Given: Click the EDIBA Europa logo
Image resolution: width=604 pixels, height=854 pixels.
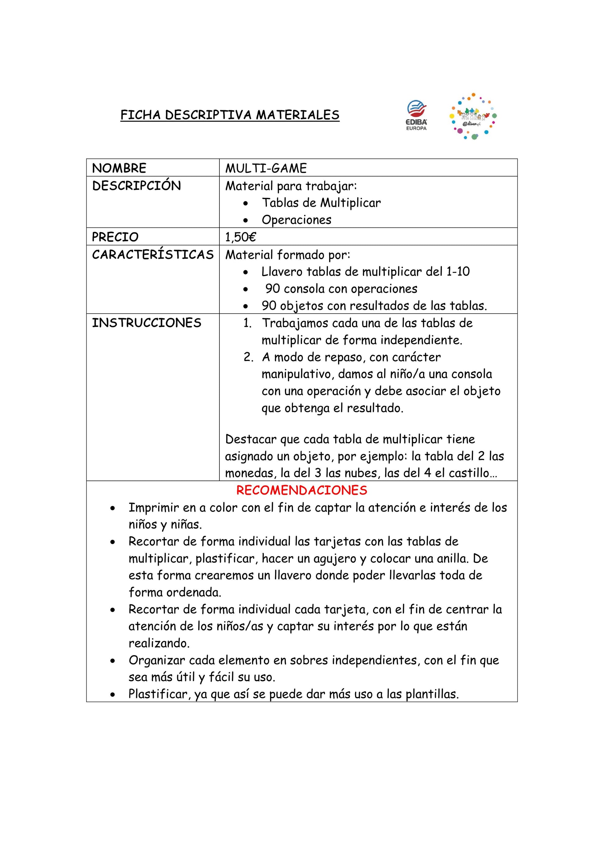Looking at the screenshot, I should coord(417,115).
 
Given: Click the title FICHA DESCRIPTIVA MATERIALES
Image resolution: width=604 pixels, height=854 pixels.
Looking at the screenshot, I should coord(230,115).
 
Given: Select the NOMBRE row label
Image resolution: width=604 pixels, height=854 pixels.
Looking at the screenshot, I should coord(119,168).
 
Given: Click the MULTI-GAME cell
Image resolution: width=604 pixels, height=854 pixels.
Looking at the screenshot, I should coord(266,168).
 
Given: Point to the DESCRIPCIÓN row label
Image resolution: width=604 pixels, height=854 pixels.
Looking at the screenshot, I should coord(136,186).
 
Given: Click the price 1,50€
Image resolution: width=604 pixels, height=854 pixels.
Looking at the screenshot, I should coord(241,237).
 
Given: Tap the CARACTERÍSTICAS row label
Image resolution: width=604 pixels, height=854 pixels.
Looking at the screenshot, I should coord(153,255).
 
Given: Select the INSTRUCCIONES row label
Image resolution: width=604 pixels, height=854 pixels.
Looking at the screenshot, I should coord(146,323).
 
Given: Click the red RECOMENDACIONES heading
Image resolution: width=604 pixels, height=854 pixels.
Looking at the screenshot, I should coord(301,490).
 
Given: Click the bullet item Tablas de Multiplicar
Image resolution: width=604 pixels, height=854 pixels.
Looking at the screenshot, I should coord(321,203).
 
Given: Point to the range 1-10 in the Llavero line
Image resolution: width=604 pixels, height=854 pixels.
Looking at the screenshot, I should coord(458,271).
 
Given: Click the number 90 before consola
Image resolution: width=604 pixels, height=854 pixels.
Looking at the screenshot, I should coord(273,288).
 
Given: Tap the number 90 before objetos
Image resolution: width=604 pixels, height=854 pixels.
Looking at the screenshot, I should coord(269,306).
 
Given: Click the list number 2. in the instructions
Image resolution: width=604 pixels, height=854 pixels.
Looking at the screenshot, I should coord(249,357).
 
